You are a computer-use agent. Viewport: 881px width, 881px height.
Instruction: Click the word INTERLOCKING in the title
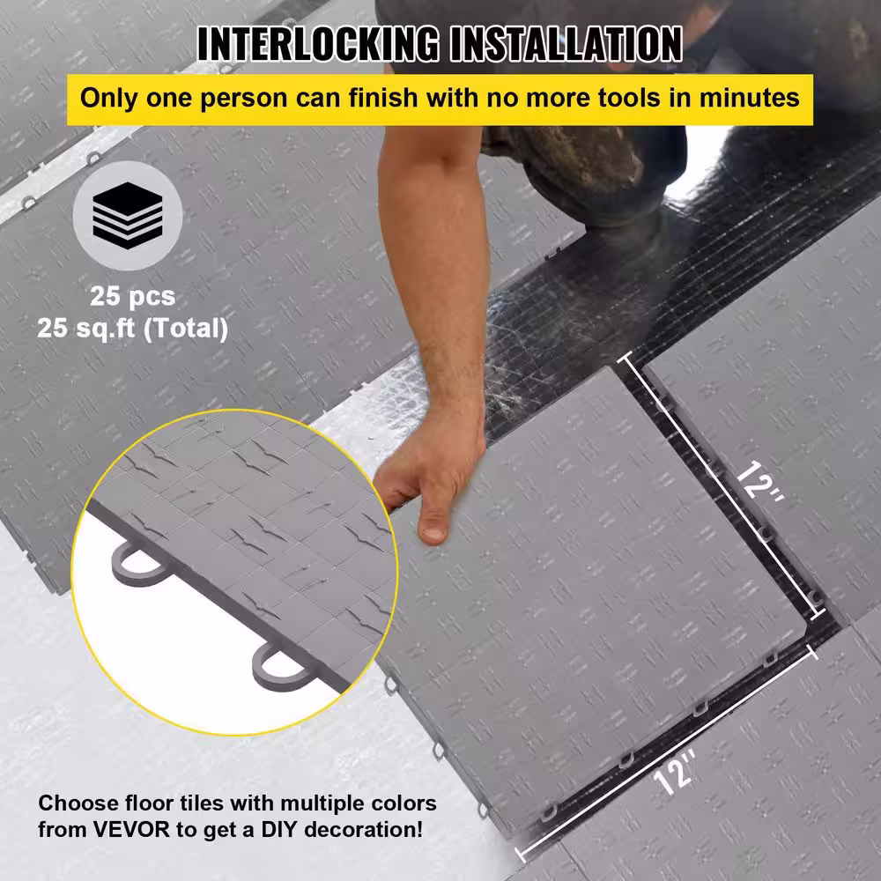pyautogui.click(x=318, y=44)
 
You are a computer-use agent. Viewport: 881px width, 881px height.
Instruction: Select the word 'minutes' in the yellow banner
pyautogui.click(x=749, y=98)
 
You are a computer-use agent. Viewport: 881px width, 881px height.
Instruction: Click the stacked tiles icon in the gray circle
pyautogui.click(x=128, y=215)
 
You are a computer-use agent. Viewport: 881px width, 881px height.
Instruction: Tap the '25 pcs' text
pyautogui.click(x=133, y=296)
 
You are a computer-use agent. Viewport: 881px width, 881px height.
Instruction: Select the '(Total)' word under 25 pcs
pyautogui.click(x=186, y=328)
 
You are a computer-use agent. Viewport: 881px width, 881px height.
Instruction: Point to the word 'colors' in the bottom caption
pyautogui.click(x=404, y=803)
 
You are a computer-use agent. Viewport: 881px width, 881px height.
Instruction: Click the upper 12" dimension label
pyautogui.click(x=759, y=481)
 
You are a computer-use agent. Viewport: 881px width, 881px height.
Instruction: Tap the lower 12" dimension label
pyautogui.click(x=674, y=772)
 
